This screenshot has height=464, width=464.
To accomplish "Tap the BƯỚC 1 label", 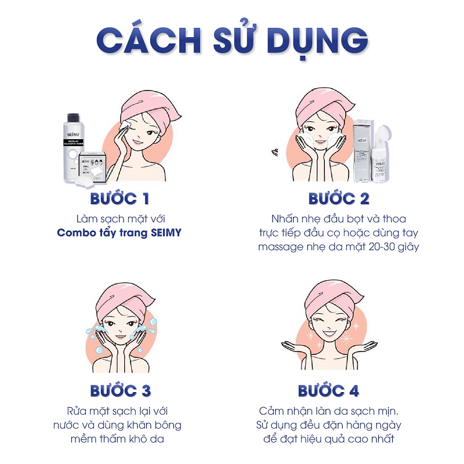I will point(120,199).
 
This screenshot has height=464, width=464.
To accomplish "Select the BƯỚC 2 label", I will point(339,199).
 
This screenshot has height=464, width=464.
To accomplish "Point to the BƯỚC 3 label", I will point(120,390).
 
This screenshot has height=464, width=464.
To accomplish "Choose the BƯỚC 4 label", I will point(328,390).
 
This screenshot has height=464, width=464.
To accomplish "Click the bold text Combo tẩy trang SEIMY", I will point(120,233).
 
